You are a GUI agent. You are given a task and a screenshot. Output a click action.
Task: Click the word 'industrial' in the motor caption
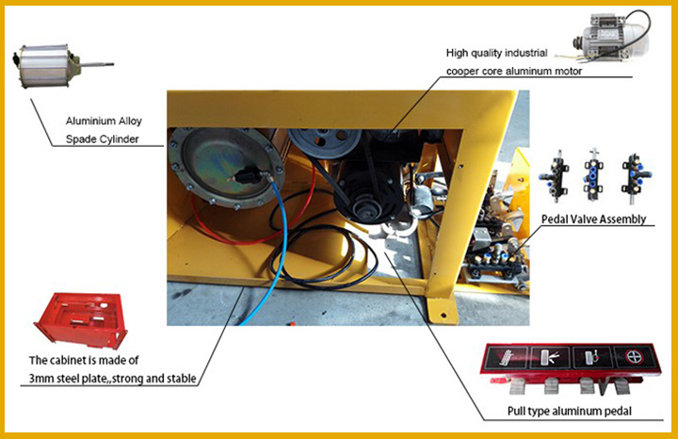click(x=525, y=53)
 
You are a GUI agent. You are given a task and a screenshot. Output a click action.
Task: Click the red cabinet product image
click(x=81, y=320)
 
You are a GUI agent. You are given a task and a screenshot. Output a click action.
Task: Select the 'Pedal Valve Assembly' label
click(x=593, y=219)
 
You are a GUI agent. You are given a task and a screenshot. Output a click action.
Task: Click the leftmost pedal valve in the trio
click(x=555, y=176)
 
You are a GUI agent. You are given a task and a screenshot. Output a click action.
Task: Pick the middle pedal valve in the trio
click(x=593, y=175)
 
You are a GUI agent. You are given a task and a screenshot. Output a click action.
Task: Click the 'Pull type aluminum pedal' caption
click(x=570, y=411)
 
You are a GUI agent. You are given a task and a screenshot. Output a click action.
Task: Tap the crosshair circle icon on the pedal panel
click(x=634, y=358)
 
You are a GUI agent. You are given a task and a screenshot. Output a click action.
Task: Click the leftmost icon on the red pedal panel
click(x=508, y=357)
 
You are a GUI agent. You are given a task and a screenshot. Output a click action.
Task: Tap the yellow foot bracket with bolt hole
click(x=443, y=309)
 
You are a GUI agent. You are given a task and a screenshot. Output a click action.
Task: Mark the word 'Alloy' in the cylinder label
click(x=130, y=122)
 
